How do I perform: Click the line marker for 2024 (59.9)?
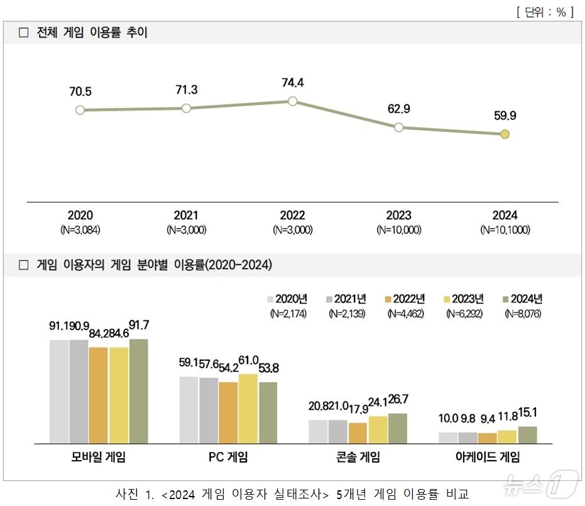pos(505,134)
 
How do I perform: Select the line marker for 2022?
pos(292,101)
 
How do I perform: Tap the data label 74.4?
pos(292,82)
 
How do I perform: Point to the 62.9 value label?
pos(398,109)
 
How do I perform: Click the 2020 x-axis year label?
pos(80,216)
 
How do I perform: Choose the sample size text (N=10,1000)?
pos(505,230)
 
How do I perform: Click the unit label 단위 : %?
pos(545,12)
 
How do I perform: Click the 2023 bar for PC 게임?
pos(248,409)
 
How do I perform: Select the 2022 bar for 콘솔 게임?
pos(358,432)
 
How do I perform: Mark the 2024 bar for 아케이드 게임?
pos(527,434)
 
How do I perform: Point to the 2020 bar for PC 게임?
pos(189,410)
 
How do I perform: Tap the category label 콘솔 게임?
pos(358,457)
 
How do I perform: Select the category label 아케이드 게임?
pos(488,457)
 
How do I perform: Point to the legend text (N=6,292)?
pos(464,313)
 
